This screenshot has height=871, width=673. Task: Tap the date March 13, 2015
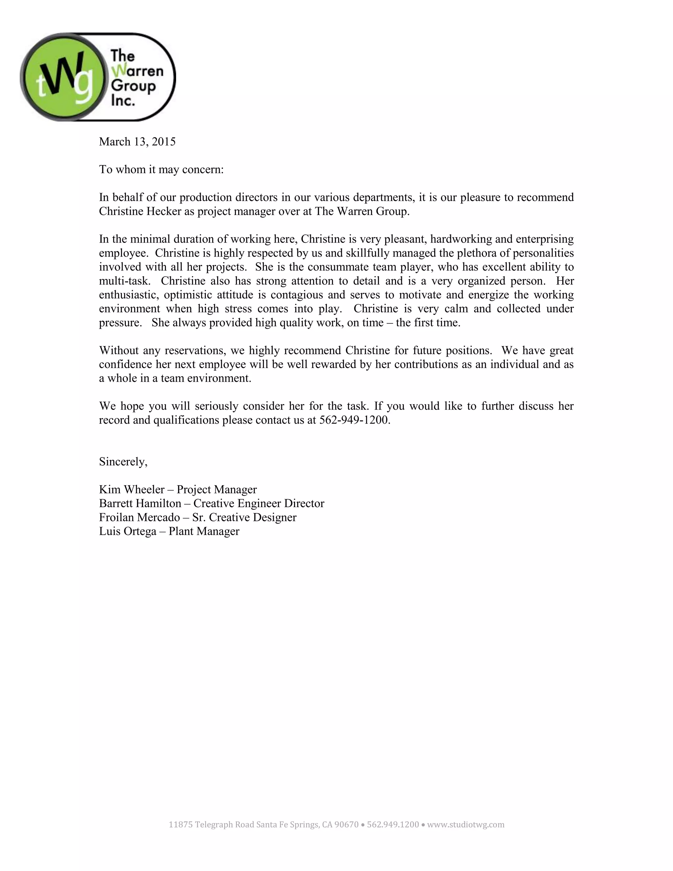(137, 142)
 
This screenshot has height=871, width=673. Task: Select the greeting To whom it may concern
(161, 170)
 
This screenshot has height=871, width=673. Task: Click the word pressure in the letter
(120, 323)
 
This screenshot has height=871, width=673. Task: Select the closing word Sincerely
(123, 462)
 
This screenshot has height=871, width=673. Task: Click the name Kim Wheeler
(131, 490)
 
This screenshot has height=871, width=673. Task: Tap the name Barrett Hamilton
(140, 504)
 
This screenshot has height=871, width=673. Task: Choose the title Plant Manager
(204, 531)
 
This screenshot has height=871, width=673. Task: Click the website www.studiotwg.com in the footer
(465, 825)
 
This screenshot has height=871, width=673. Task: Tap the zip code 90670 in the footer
(346, 825)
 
